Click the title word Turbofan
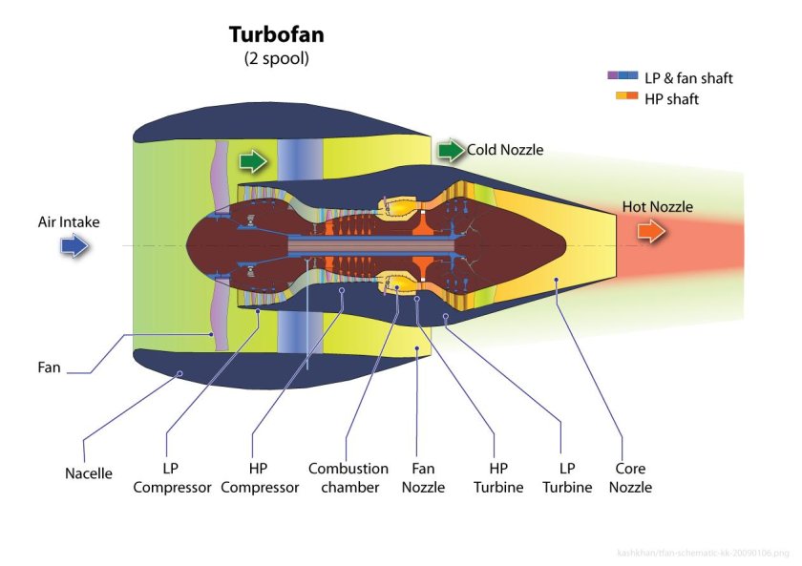[x=276, y=34]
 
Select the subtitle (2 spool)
[x=277, y=58]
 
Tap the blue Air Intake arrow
[x=74, y=247]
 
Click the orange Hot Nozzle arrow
[x=652, y=232]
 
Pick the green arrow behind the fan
[x=253, y=159]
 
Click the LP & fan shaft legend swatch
[x=623, y=76]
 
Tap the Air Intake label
[x=69, y=222]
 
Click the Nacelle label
[x=89, y=473]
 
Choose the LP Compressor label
[x=172, y=478]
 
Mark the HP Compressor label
[x=258, y=478]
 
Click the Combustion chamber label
[x=348, y=478]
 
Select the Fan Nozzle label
[x=423, y=478]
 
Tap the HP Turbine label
[x=498, y=478]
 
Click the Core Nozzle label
[x=630, y=478]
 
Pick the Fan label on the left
[x=49, y=367]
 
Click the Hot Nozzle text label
[x=658, y=206]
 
